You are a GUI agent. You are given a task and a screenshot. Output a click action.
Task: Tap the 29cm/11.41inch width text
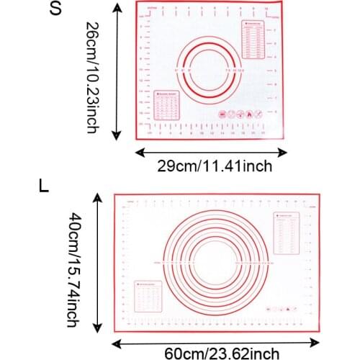click(215, 166)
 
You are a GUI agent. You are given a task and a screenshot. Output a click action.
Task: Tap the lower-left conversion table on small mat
click(168, 107)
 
